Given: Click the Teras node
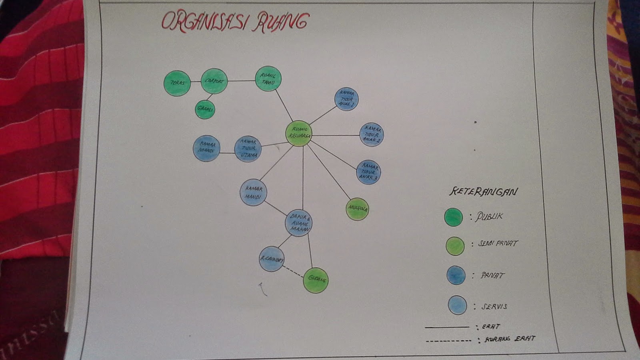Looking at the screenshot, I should pyautogui.click(x=177, y=83).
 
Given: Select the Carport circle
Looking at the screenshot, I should pyautogui.click(x=214, y=81).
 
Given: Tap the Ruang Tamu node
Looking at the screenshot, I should pyautogui.click(x=268, y=78).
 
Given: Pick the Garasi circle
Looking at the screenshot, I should pyautogui.click(x=205, y=109).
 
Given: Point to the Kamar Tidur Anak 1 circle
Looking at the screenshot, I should pyautogui.click(x=346, y=99).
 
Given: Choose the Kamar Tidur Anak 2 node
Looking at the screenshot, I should pyautogui.click(x=372, y=134).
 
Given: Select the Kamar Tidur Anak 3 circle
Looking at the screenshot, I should pyautogui.click(x=368, y=172).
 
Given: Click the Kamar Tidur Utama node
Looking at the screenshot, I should pyautogui.click(x=248, y=149).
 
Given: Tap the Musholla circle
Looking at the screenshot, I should pyautogui.click(x=357, y=209).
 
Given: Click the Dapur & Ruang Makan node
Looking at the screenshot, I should pyautogui.click(x=299, y=223).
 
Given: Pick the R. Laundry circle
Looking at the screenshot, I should pyautogui.click(x=272, y=259).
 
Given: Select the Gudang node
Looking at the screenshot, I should pyautogui.click(x=316, y=280).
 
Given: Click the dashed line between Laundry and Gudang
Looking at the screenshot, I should pyautogui.click(x=294, y=271).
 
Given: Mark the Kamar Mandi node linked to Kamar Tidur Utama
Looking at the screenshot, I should pyautogui.click(x=206, y=148).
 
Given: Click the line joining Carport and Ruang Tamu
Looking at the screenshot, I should pyautogui.click(x=241, y=81).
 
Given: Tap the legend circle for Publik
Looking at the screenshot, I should pyautogui.click(x=454, y=217).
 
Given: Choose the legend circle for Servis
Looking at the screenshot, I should pyautogui.click(x=457, y=305).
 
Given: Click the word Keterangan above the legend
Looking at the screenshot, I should pyautogui.click(x=483, y=192).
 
